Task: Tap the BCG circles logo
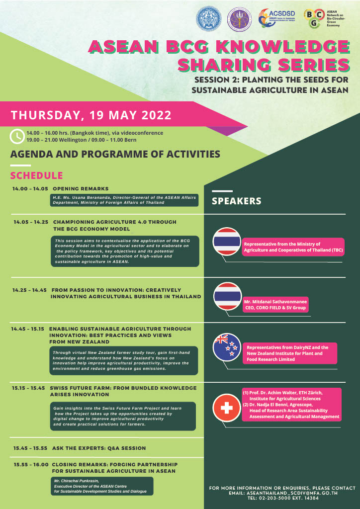click(x=315, y=19)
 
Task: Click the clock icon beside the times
click(x=17, y=136)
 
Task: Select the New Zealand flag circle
click(x=227, y=346)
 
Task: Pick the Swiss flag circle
click(x=227, y=408)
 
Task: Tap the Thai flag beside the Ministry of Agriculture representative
click(x=227, y=242)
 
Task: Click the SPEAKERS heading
click(x=236, y=201)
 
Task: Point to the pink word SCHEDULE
click(x=36, y=175)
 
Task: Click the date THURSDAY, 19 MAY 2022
click(x=91, y=115)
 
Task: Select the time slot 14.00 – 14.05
click(x=30, y=189)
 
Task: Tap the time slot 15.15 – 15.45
click(x=29, y=388)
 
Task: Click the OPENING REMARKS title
click(x=80, y=189)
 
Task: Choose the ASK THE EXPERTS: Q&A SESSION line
click(x=99, y=448)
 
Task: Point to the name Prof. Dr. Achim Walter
click(x=281, y=393)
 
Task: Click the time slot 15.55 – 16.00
click(x=29, y=463)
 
